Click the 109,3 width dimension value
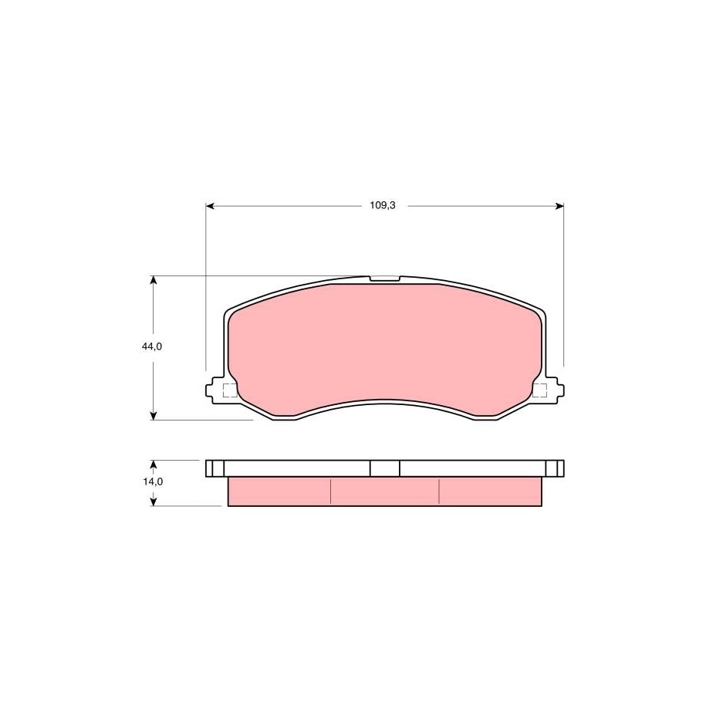[382, 206]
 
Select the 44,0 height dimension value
[152, 346]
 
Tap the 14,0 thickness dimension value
[153, 481]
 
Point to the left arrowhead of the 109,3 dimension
[210, 206]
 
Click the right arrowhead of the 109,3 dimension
[559, 206]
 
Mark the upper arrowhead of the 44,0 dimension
[154, 280]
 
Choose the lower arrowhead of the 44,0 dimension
[154, 416]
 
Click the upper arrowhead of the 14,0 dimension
[154, 464]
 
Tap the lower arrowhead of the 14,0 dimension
[154, 502]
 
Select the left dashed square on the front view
[230, 390]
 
